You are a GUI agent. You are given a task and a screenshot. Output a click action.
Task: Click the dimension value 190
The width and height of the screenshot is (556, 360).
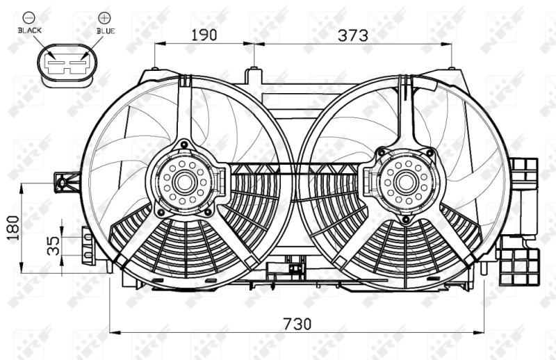[204, 34]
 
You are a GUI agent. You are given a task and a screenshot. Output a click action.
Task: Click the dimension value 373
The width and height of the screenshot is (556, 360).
[353, 34]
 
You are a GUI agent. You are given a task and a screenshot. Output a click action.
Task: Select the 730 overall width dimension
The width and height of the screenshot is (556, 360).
[297, 323]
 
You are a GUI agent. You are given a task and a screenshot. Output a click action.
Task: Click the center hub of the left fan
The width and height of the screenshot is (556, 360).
[184, 183]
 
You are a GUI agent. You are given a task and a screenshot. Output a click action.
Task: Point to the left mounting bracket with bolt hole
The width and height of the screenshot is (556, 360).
[63, 183]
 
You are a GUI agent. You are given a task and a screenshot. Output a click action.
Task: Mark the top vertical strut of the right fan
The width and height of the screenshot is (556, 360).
[404, 111]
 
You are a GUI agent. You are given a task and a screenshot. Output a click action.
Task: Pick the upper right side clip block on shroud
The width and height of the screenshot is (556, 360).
[525, 174]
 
